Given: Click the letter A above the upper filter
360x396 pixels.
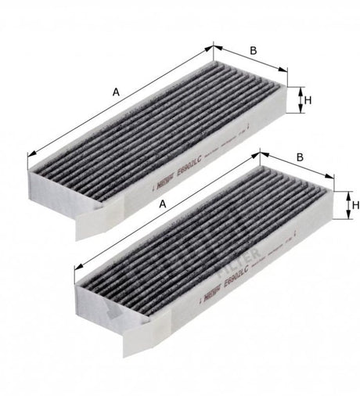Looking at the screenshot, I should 115,92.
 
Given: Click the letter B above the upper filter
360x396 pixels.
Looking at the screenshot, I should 254,52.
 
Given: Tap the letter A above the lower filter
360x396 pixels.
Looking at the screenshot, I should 162,203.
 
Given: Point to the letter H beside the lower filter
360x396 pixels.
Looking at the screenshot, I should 355,205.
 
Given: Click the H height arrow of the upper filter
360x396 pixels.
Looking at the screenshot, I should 298,99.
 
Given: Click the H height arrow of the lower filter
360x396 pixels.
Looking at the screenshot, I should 344,206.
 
